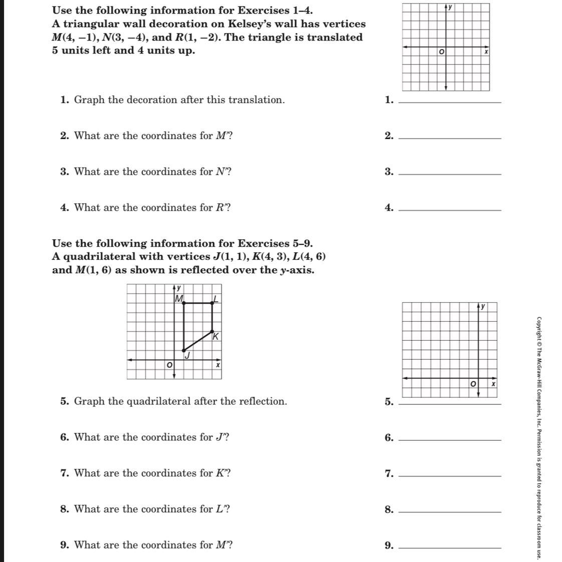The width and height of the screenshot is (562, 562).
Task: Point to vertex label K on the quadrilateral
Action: pos(215,337)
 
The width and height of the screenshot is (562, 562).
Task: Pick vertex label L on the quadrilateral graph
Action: pos(215,299)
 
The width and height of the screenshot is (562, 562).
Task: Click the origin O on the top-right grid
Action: pos(441,52)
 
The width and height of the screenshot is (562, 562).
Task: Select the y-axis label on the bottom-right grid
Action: pos(483,306)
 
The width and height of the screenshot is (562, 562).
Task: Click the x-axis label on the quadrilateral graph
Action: pos(217,365)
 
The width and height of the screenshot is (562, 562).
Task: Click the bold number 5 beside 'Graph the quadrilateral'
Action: pos(64,401)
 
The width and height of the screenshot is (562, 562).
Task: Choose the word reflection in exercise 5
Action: pos(260,401)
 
